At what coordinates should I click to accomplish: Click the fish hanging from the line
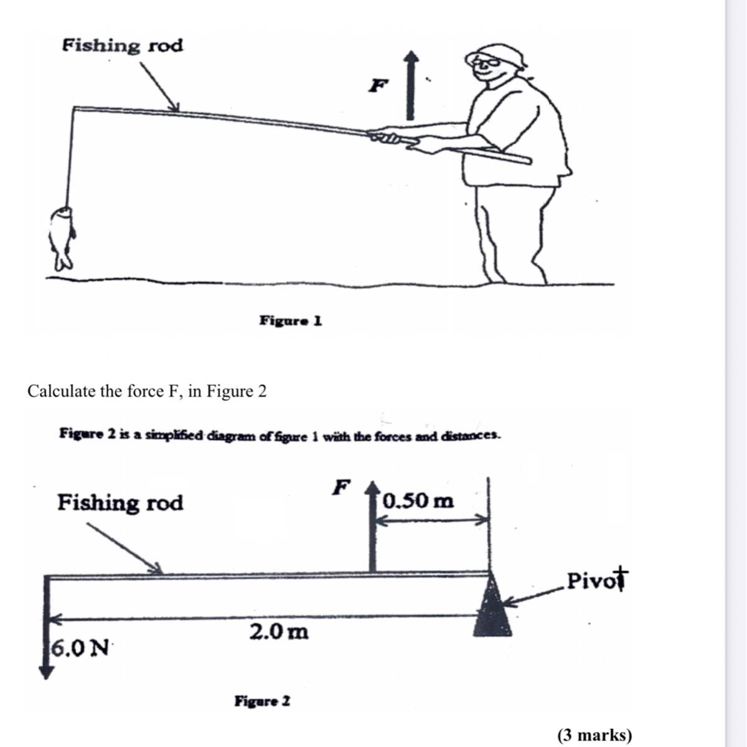point(61,237)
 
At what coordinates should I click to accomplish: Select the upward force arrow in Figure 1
point(410,85)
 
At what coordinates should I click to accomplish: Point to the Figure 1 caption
point(291,321)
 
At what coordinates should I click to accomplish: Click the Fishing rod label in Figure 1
point(123,45)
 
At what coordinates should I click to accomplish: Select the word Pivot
point(596,580)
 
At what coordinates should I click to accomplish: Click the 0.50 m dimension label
point(418,500)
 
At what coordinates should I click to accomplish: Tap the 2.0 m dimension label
point(279,631)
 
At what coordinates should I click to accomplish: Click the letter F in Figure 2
point(341,487)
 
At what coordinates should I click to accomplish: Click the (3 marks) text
point(594,735)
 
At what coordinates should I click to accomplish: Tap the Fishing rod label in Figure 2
point(120,502)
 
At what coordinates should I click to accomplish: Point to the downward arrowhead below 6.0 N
point(47,672)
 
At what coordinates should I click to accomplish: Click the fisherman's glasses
point(484,61)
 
